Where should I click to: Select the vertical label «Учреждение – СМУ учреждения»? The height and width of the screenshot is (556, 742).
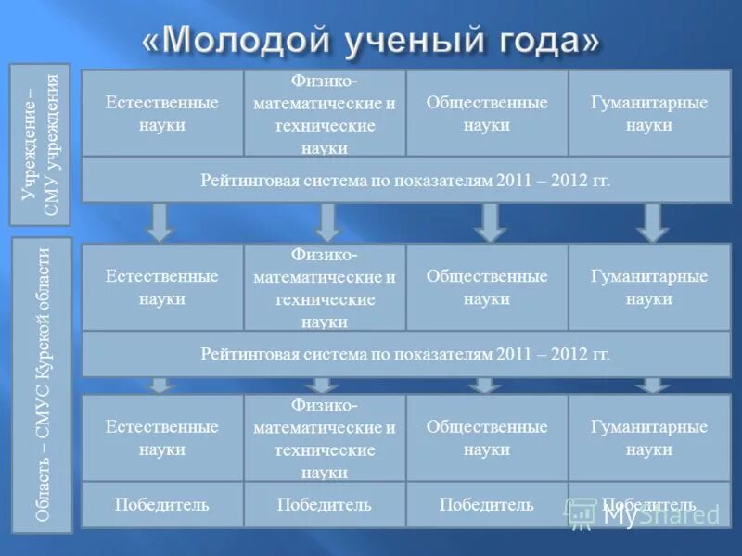[x=40, y=145]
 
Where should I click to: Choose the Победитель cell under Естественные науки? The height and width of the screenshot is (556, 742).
[x=162, y=505]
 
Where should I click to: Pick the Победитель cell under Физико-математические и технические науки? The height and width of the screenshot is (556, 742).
[x=325, y=505]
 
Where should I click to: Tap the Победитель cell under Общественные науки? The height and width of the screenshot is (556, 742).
[x=487, y=505]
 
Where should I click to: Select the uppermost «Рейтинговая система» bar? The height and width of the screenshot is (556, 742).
[x=405, y=180]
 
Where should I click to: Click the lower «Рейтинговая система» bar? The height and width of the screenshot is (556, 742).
[x=405, y=353]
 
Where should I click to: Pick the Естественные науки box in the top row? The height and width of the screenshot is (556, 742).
[x=162, y=113]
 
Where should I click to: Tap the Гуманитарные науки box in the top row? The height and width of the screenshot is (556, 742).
[x=649, y=113]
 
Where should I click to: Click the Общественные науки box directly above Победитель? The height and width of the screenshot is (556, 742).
[x=487, y=437]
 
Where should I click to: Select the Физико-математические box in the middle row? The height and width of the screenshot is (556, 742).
[x=325, y=287]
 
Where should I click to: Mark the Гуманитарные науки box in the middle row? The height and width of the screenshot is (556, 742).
[x=649, y=287]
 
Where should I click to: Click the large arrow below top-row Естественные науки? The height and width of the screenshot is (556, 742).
[x=160, y=222]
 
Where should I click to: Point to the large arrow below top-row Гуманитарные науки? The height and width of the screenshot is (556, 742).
[x=652, y=222]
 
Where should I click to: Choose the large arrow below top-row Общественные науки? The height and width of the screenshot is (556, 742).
[x=490, y=222]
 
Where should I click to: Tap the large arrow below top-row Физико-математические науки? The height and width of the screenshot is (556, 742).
[x=326, y=222]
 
